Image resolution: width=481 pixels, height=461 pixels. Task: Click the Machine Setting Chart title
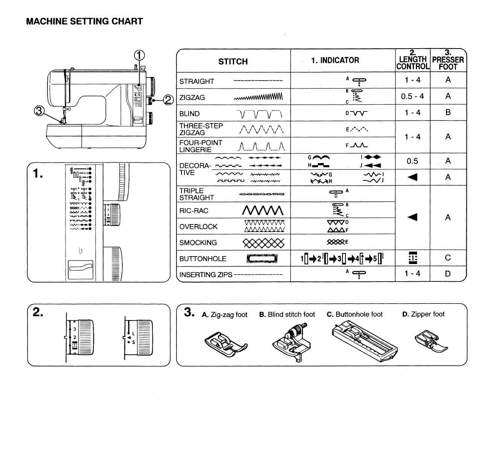[x=84, y=21]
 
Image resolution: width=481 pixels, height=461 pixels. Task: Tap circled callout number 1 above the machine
[x=139, y=55]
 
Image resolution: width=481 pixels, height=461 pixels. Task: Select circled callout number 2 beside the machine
[x=168, y=100]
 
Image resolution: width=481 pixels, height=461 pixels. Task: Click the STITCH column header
[x=233, y=62]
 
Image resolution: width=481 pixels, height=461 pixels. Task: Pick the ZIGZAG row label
[x=192, y=98]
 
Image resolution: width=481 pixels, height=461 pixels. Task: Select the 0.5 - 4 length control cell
[x=412, y=96]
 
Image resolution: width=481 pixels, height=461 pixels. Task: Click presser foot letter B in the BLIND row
[x=448, y=113]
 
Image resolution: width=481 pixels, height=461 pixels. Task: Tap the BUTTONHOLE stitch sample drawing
[x=262, y=259]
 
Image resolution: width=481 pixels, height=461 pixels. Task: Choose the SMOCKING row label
[x=198, y=243]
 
